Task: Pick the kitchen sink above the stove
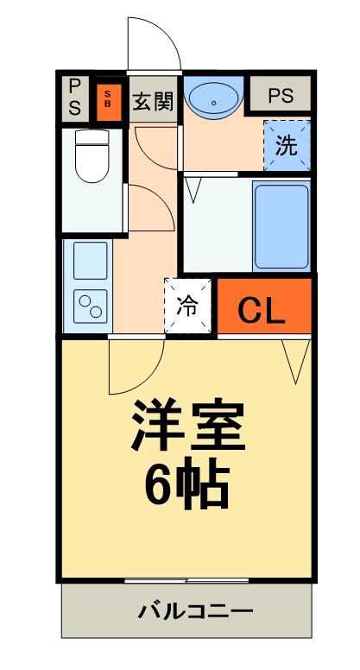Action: (90, 259)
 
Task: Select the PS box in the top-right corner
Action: (280, 96)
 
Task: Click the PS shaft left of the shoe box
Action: (75, 97)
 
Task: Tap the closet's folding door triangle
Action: (295, 358)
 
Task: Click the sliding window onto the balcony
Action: (186, 579)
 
